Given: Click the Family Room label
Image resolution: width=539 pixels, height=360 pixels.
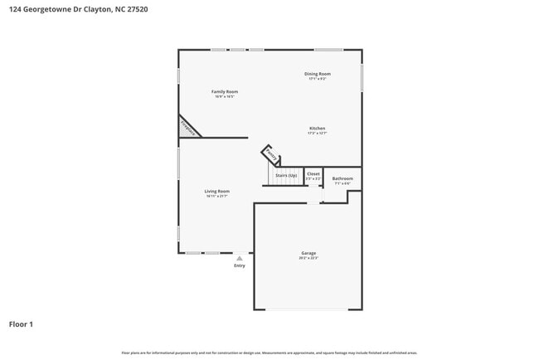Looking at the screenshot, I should click(225, 91).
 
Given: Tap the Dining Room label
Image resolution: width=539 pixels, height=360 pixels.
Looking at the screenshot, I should click(318, 74).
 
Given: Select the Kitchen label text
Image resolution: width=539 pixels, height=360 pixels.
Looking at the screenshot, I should click(318, 128).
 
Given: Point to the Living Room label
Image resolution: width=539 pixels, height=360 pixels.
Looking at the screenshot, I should click(217, 191).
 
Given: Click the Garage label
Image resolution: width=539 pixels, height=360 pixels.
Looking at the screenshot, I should click(308, 253).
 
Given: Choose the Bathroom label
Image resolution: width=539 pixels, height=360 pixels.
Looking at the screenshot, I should click(342, 178).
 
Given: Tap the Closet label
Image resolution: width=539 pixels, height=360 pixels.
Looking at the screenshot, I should click(313, 174).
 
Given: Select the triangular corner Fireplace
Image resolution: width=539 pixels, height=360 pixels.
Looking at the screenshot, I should click(187, 128).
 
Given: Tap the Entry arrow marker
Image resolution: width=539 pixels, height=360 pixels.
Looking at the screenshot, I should click(240, 259).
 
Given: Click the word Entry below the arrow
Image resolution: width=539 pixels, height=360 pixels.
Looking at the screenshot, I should click(240, 266).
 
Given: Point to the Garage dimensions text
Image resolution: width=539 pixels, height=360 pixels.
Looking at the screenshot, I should click(308, 258).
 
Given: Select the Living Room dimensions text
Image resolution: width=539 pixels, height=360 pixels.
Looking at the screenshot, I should click(217, 196).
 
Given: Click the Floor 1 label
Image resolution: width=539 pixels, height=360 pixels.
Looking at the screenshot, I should click(22, 324).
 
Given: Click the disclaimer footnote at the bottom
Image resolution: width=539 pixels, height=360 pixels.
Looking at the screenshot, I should click(269, 353).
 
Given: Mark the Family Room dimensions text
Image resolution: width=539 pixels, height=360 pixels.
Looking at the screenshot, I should click(225, 96).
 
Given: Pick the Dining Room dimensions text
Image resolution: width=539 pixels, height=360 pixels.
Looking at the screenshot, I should click(318, 79).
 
